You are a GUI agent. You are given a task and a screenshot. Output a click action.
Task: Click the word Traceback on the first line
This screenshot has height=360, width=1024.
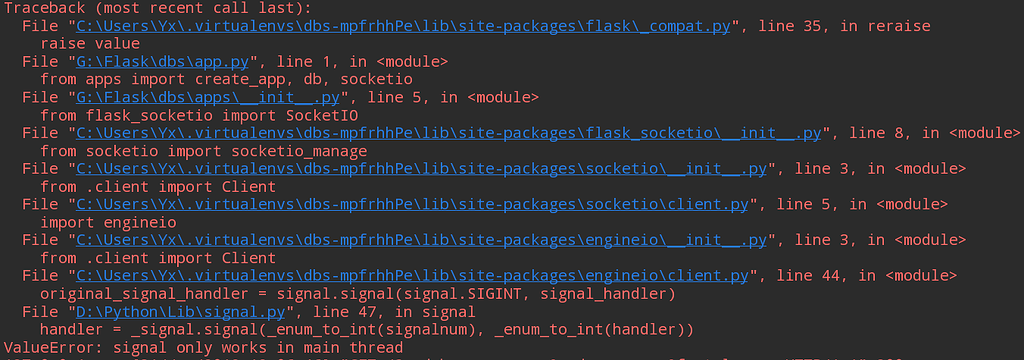pos(47,7)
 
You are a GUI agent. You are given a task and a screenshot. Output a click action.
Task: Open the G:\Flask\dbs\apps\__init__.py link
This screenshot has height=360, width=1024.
pos(208,97)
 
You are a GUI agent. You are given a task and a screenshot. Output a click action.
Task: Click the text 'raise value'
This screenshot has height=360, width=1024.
pos(91,43)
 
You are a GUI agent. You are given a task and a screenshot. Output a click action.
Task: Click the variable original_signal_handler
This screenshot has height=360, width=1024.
pos(146,295)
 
